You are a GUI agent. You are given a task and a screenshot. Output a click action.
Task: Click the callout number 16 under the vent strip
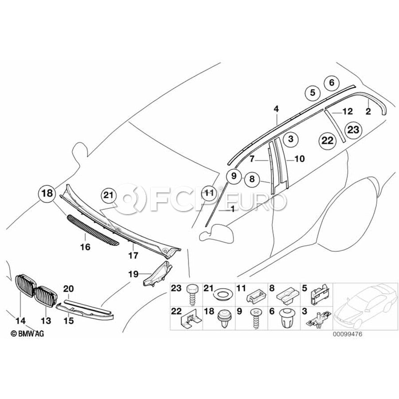point(85,247)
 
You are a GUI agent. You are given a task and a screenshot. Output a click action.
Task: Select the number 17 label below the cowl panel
point(133,255)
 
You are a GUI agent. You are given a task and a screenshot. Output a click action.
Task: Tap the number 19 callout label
point(133,274)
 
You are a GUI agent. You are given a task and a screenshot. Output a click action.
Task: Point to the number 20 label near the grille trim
point(68,289)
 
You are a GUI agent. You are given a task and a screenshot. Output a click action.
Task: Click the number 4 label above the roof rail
point(276,108)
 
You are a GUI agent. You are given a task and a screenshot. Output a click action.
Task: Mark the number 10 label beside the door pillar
point(299,158)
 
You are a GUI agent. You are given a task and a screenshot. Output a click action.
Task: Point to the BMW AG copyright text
point(27,333)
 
